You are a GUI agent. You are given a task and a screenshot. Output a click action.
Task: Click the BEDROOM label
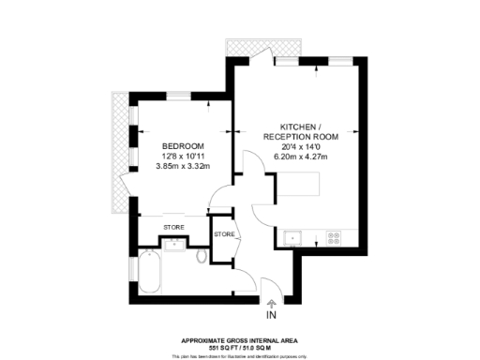coord(185,145)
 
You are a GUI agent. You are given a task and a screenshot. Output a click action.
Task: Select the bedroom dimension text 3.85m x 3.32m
coord(185,167)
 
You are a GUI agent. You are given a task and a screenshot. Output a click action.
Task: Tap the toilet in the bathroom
coord(202,255)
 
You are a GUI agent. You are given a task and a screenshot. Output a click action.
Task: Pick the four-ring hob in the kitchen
coord(333,236)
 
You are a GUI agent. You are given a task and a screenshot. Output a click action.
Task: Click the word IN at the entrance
coord(273,317)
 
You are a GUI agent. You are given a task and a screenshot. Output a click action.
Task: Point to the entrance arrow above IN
coord(273,303)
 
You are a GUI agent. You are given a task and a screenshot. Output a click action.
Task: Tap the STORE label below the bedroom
coord(173,228)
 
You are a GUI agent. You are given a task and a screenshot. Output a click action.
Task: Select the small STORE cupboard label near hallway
coord(224,233)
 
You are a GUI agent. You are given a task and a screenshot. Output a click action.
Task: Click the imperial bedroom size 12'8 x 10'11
coord(185,156)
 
